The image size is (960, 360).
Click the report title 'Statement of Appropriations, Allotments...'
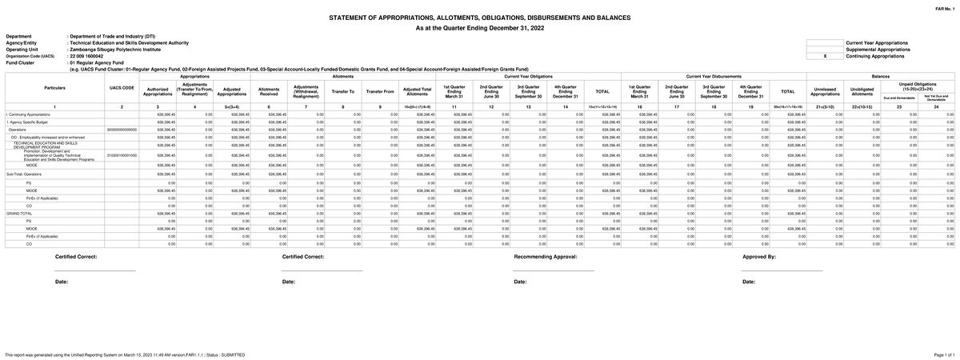[480, 17]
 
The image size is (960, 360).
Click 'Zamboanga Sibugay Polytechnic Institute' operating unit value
[117, 50]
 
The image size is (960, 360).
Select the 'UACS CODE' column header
[122, 88]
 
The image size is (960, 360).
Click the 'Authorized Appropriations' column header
[158, 91]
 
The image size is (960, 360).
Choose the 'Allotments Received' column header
[269, 91]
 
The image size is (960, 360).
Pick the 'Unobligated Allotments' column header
[862, 91]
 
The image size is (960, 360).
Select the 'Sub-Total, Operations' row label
[25, 173]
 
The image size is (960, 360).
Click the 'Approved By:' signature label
[759, 257]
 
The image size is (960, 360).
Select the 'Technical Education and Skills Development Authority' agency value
[130, 43]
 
